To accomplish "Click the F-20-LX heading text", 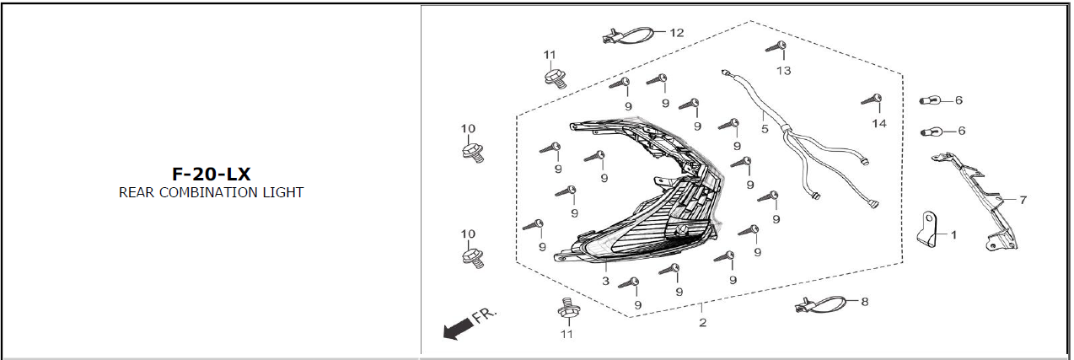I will click(x=211, y=174).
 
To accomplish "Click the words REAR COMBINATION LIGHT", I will click(x=211, y=192).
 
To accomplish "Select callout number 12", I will click(x=676, y=33).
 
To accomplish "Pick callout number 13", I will click(x=784, y=71).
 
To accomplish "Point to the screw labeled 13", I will click(x=777, y=47).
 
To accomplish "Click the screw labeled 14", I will click(x=873, y=102).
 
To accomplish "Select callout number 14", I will click(x=879, y=123).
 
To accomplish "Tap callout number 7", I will click(x=1023, y=200).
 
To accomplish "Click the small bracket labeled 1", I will click(x=930, y=229).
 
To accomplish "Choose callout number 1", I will click(x=953, y=234).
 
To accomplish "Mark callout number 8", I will click(x=863, y=299).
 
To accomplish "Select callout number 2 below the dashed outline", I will click(x=702, y=322).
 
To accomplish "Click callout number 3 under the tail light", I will click(x=605, y=280).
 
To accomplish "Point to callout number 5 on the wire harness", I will click(x=765, y=129).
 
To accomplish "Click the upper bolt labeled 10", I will click(x=472, y=152).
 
